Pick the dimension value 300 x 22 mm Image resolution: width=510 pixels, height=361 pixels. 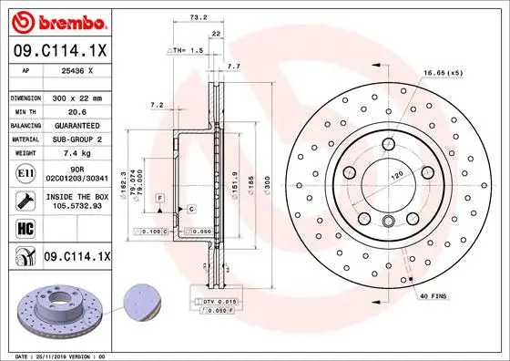76,97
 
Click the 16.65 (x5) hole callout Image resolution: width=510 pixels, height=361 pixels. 443,72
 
